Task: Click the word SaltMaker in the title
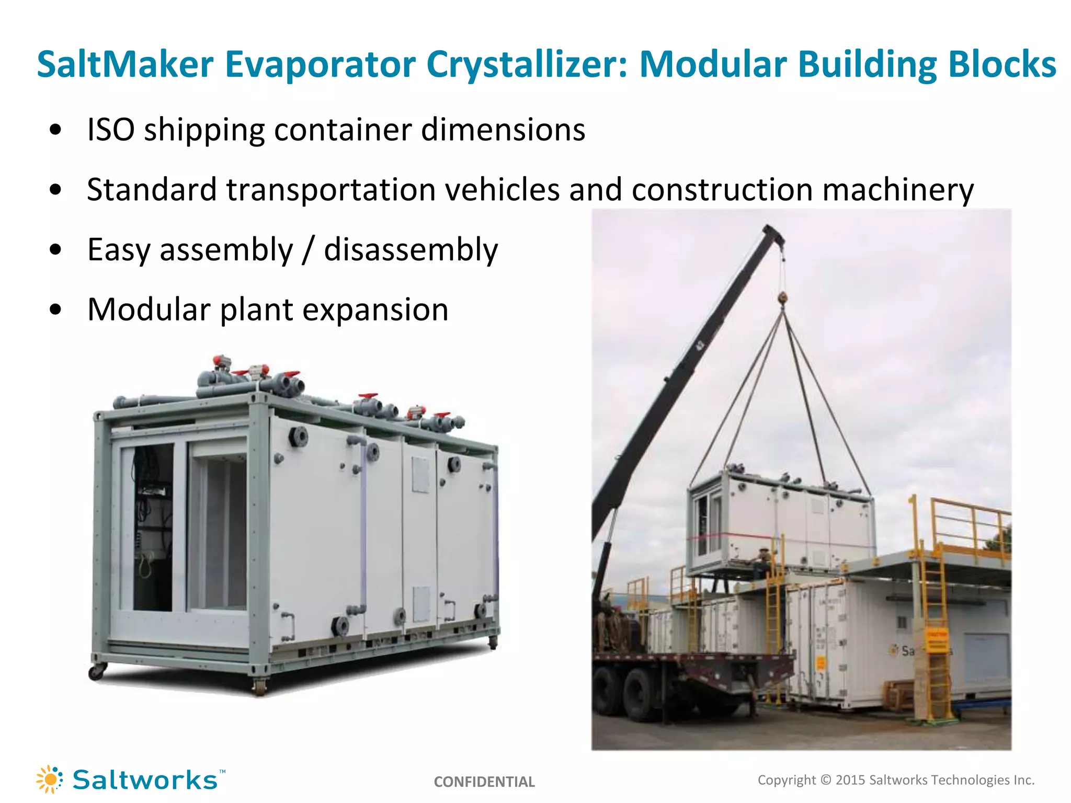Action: coord(125,65)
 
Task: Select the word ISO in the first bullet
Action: coord(110,130)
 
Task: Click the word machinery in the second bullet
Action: coord(897,189)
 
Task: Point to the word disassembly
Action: coord(411,250)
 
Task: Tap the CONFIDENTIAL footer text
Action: coord(484,782)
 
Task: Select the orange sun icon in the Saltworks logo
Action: coord(50,779)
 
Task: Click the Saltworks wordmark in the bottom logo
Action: coord(145,780)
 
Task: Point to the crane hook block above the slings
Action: coord(783,299)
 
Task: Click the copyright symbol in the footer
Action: coord(826,780)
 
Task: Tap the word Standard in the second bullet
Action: coord(152,189)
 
